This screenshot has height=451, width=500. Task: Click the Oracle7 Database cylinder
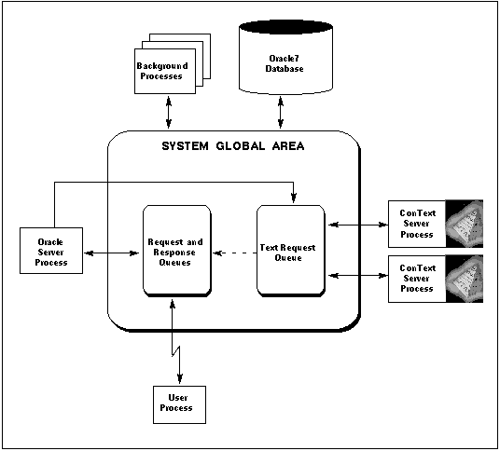[x=285, y=58]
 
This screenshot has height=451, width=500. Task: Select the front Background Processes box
[x=165, y=71]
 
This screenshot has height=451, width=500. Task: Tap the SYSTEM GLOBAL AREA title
[x=233, y=146]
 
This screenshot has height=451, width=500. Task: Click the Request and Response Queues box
[x=177, y=252]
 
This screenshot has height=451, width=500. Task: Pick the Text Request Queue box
[x=291, y=252]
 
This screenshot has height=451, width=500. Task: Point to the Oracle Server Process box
[x=51, y=251]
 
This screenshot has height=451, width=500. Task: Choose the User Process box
[x=179, y=404]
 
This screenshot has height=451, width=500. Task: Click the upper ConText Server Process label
[x=417, y=224]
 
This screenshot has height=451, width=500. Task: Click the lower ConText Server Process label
[x=417, y=279]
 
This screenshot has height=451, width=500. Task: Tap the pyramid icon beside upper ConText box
[x=465, y=224]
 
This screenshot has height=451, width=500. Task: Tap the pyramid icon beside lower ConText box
[x=465, y=279]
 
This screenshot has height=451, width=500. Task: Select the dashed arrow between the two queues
[x=235, y=253]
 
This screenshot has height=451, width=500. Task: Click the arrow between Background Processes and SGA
[x=169, y=112]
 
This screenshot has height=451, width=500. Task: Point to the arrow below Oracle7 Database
[x=281, y=112]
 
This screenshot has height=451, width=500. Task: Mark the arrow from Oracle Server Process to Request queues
[x=111, y=253]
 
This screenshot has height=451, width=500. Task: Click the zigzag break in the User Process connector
[x=175, y=351]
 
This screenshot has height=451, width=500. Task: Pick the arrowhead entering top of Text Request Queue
[x=293, y=198]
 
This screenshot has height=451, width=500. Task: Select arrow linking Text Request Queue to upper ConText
[x=358, y=225]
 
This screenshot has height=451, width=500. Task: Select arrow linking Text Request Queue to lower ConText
[x=358, y=276]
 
